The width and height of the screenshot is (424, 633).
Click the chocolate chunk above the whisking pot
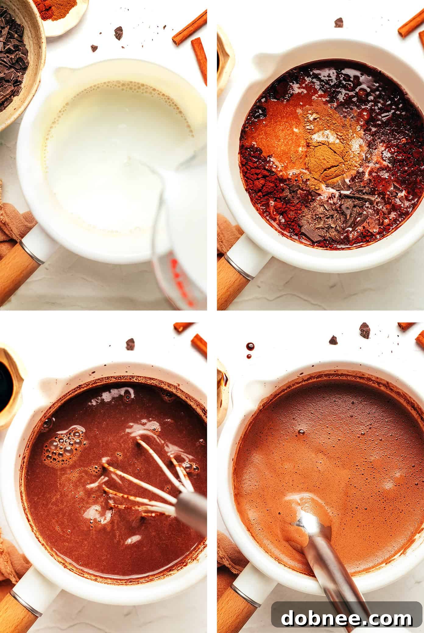(130, 344)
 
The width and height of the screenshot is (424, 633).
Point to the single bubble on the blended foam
(301, 432)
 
